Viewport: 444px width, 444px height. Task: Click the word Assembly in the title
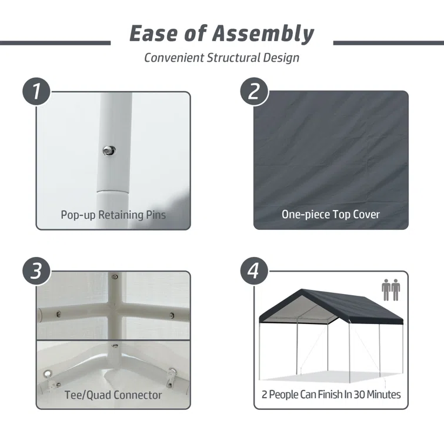263,34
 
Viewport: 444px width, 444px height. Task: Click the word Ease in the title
153,34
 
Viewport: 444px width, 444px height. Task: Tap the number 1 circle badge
36,92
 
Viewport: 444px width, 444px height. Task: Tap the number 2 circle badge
254,92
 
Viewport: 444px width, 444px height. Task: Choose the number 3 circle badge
36,271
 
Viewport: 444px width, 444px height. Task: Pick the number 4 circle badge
254,271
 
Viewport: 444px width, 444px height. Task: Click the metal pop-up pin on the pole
109,151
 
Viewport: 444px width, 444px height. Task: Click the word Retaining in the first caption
121,215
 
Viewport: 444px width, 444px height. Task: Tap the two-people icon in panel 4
390,290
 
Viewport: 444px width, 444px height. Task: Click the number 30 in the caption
359,395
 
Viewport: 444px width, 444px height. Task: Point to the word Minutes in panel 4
383,395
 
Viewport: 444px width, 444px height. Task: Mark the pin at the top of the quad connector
115,276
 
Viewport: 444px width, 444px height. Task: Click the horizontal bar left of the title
55,43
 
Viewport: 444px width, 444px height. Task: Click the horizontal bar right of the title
389,43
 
